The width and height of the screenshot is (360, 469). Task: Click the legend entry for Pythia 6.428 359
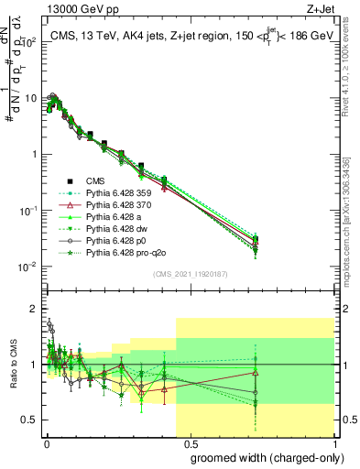pyautogui.click(x=105, y=192)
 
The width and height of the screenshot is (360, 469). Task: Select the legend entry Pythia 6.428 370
pyautogui.click(x=105, y=204)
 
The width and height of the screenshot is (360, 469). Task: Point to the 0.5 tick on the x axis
pyautogui.click(x=189, y=442)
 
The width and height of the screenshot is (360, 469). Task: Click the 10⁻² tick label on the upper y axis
pyautogui.click(x=27, y=267)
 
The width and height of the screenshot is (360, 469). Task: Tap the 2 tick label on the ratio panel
pyautogui.click(x=33, y=309)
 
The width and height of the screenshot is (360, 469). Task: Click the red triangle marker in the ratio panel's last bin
pyautogui.click(x=256, y=373)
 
